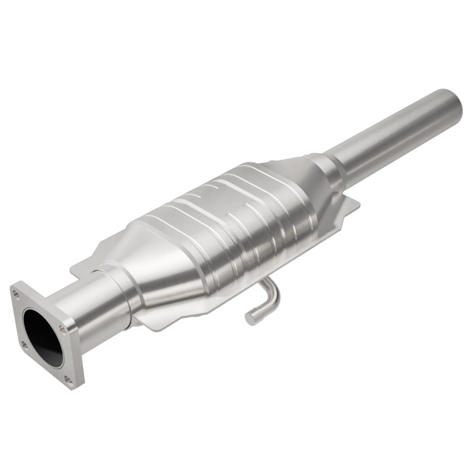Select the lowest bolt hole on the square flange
(x=68, y=381)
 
